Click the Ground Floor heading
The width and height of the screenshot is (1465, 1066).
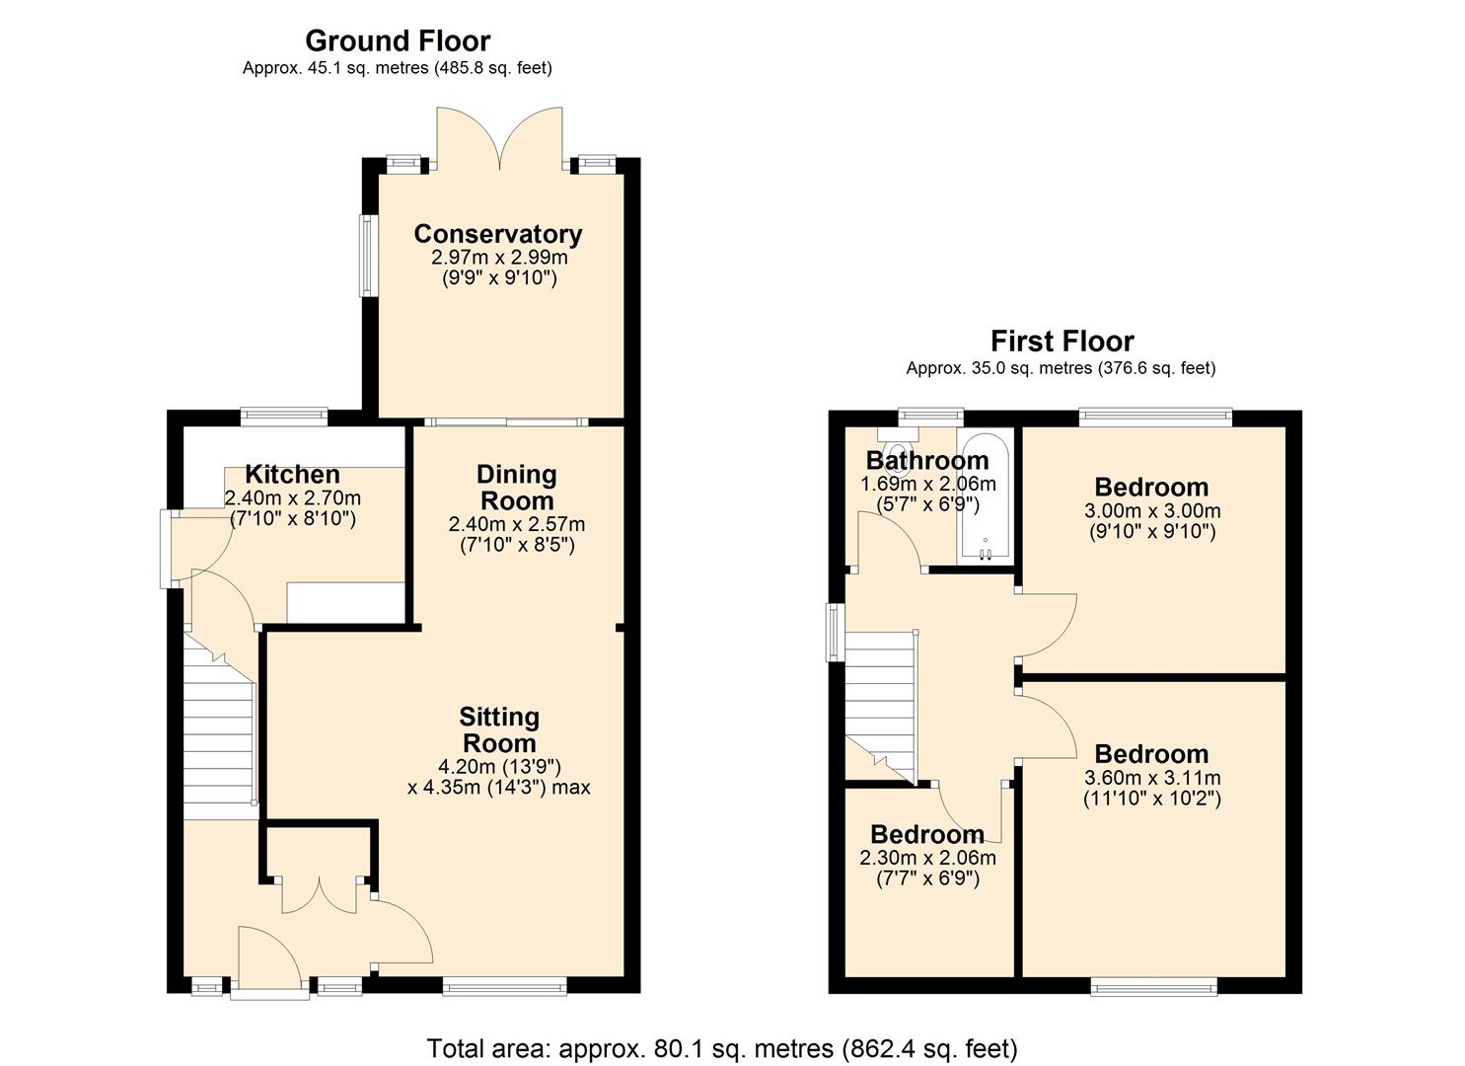397,41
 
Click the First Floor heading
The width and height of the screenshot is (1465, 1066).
1062,342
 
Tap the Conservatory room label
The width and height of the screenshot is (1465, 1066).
497,234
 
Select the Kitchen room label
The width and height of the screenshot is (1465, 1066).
292,475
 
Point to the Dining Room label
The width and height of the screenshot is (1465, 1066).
516,487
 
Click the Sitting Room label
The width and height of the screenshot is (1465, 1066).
499,729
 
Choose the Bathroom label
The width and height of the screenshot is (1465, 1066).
926,461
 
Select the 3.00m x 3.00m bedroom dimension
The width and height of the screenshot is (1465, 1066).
1151,511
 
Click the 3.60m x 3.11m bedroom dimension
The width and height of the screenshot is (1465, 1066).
1151,778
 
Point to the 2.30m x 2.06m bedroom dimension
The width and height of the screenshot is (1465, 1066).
927,858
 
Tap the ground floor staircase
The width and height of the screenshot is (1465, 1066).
220,730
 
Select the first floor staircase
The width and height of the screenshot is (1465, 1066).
881,701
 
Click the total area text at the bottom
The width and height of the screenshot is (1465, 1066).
721,1047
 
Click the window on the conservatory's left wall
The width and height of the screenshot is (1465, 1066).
366,256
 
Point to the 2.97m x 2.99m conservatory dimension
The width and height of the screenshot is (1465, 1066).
499,258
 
